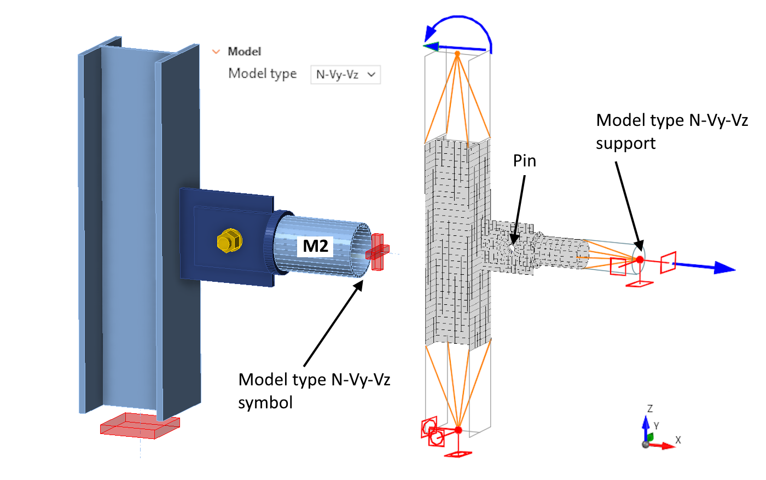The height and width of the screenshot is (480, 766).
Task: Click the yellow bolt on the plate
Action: coord(229,241)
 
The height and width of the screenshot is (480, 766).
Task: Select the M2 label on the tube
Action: coord(316,246)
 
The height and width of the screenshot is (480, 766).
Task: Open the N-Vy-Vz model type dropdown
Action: coord(345,74)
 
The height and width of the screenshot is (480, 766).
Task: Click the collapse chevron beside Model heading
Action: coord(216,51)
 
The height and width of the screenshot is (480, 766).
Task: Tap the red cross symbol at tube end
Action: coord(378,251)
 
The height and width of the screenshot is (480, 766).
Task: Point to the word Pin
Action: coord(524,161)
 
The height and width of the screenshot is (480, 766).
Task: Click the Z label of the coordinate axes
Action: coord(650,409)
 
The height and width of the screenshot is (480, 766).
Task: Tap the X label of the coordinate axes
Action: coord(678,440)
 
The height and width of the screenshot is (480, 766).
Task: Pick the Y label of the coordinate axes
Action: coord(657,426)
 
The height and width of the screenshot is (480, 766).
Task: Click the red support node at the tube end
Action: coord(640,259)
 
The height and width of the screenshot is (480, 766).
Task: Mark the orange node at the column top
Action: coord(457,54)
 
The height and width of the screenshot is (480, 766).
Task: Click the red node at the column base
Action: coord(458,430)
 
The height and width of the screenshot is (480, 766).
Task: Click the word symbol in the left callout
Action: coord(265,403)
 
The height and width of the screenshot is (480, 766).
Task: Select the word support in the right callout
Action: coord(625,143)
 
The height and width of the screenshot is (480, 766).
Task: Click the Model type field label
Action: coord(262,74)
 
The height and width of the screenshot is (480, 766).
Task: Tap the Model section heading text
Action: coord(244,51)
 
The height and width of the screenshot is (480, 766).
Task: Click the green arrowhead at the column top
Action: coord(431,47)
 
